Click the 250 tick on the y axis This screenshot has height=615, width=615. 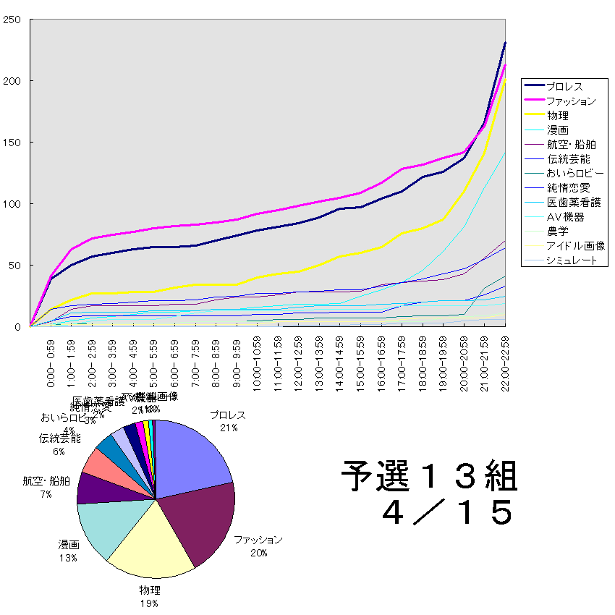click(x=11, y=20)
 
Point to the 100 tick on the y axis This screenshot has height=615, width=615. click(x=11, y=204)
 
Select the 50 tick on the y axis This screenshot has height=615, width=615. click(x=14, y=266)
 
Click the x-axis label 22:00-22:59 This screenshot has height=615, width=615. click(x=506, y=362)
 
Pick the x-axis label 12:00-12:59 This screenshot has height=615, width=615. click(x=299, y=362)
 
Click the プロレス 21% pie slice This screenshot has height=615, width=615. click(x=192, y=456)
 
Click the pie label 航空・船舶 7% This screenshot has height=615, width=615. click(x=46, y=486)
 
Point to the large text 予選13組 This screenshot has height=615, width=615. click(x=429, y=477)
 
